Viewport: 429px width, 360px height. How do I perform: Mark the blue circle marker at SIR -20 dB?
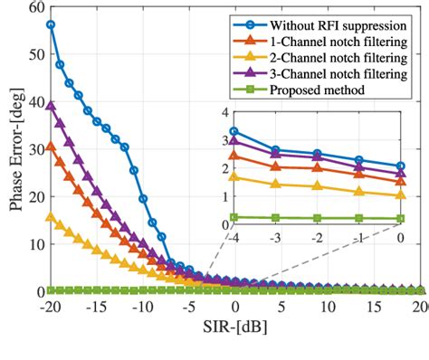51,24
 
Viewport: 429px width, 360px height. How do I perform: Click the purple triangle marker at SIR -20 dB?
51,105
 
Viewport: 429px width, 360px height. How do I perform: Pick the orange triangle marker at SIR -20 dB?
51,146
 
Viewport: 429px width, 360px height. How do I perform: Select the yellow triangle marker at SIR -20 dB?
51,216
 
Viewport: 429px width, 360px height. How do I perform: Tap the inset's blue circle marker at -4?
234,131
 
